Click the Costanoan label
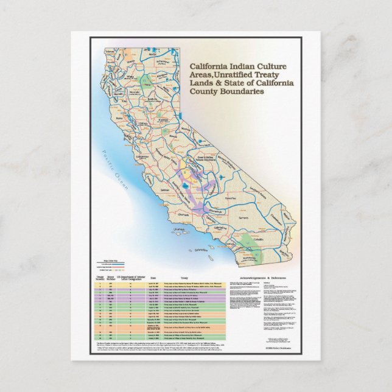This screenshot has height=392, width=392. [141, 156]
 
